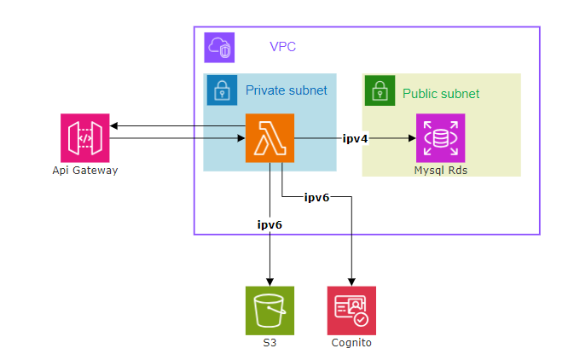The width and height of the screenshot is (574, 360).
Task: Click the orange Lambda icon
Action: [270, 137]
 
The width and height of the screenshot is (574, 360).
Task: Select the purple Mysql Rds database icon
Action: [440, 137]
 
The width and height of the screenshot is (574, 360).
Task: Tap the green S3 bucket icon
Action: [270, 310]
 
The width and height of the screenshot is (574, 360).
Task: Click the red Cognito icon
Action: [351, 310]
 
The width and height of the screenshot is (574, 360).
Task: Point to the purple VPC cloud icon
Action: [219, 47]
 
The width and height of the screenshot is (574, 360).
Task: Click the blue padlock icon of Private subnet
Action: [222, 90]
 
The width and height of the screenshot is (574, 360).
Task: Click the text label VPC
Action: [282, 47]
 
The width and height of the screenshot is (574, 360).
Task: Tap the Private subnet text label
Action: [286, 90]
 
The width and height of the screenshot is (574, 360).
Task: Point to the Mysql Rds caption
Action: [440, 171]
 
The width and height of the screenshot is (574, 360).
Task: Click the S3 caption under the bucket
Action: [270, 343]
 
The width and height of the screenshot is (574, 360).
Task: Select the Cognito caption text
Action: [351, 343]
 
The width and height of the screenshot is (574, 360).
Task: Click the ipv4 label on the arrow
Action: [354, 137]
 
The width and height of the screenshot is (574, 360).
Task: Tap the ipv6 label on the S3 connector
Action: [270, 224]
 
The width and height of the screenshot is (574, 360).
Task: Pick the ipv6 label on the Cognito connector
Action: [316, 197]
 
